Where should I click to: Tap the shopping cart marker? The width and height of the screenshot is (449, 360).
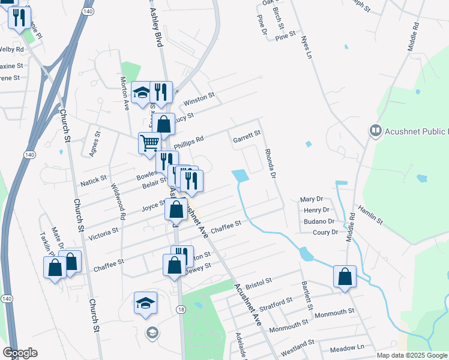149,143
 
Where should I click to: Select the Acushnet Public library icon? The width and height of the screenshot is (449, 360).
376,130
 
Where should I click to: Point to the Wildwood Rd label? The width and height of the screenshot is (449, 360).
118,204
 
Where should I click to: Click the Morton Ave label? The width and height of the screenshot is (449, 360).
124,92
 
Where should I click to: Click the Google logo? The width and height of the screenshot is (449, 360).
20,353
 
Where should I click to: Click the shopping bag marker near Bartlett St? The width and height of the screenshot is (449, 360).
345,277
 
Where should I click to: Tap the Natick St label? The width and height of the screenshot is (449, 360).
93,179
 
